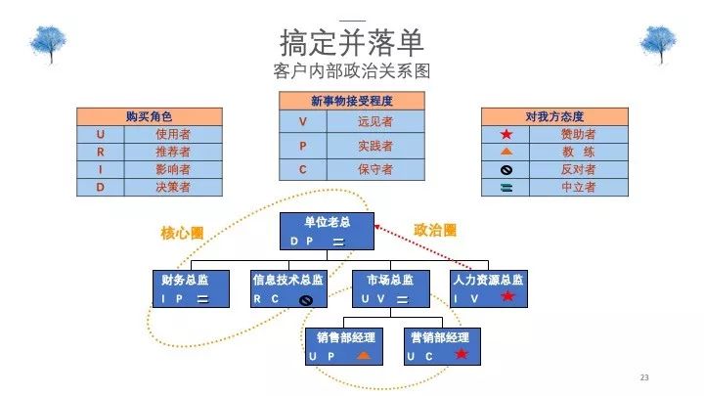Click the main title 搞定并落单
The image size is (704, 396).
click(x=352, y=42)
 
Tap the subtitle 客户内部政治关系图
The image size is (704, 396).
click(x=352, y=71)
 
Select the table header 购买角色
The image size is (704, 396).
click(x=150, y=116)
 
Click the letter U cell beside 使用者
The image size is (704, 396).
click(x=101, y=134)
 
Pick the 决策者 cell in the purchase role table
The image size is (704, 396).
click(x=173, y=187)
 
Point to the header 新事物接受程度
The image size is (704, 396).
click(x=352, y=101)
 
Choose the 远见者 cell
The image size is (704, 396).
click(x=375, y=121)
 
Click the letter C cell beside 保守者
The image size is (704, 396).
click(x=303, y=170)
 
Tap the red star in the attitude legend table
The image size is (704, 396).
click(x=506, y=134)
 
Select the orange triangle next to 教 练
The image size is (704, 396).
click(x=506, y=152)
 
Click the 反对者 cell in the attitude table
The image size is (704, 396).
click(x=579, y=170)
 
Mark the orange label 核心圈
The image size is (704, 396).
click(x=182, y=233)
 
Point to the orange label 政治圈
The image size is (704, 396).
click(x=435, y=231)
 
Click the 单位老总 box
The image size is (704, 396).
click(x=327, y=231)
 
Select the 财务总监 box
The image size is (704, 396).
click(x=192, y=288)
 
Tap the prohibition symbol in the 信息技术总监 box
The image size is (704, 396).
click(x=306, y=300)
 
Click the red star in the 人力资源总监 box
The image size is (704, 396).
click(x=507, y=296)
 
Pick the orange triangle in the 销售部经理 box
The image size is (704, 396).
click(x=364, y=356)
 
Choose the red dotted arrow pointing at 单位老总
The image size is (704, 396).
click(x=422, y=247)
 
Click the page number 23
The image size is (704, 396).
click(x=644, y=377)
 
